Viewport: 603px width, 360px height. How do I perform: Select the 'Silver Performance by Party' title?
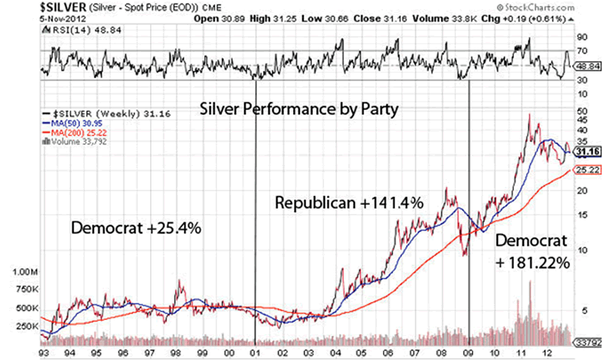click(299, 108)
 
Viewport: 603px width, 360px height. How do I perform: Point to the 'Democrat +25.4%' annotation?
click(136, 228)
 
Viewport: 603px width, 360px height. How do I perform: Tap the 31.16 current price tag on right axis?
click(586, 151)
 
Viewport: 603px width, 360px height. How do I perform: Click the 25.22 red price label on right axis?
click(586, 171)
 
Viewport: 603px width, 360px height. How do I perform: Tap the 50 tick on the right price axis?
click(581, 110)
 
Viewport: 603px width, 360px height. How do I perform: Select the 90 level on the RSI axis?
click(581, 37)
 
